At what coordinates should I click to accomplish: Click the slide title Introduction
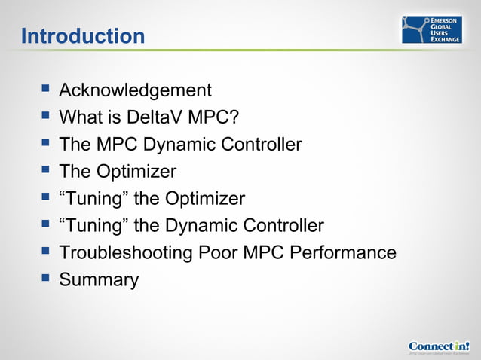point(83,35)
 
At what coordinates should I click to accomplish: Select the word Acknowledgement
point(135,90)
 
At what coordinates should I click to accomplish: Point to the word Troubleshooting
point(125,253)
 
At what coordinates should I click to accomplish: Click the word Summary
point(99,280)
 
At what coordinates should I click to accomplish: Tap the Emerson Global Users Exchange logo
point(431,29)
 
